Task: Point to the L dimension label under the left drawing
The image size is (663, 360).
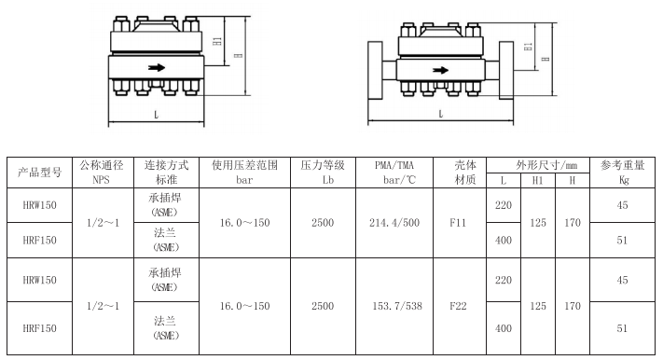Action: click(154, 114)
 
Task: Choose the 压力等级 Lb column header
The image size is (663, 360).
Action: click(323, 172)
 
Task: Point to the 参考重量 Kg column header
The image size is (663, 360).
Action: click(623, 172)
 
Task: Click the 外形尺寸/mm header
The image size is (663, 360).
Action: click(538, 164)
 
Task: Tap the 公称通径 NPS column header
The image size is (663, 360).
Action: click(102, 172)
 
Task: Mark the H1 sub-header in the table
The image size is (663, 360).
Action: click(538, 180)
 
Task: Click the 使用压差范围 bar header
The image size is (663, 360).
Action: click(245, 172)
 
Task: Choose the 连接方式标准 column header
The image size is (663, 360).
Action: click(166, 172)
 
